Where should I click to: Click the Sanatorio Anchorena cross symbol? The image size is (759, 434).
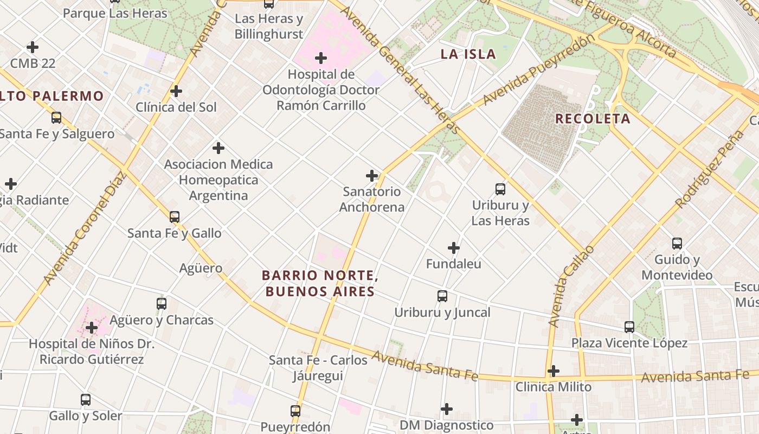click(372, 176)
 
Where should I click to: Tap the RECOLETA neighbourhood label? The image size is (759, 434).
click(593, 119)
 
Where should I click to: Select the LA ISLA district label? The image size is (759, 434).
click(468, 54)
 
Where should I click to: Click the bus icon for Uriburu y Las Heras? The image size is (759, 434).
click(500, 189)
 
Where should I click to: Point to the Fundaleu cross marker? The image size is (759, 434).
click(454, 248)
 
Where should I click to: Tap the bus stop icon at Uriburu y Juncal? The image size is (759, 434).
click(442, 296)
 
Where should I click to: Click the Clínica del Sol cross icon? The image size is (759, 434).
click(176, 91)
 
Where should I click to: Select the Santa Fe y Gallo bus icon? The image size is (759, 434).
click(174, 217)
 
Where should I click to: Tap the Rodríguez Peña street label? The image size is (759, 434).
click(711, 169)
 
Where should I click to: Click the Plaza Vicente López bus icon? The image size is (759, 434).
click(629, 327)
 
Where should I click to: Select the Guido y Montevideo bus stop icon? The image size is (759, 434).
click(677, 244)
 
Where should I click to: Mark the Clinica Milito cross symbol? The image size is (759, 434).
click(554, 371)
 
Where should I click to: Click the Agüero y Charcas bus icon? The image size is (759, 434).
click(162, 304)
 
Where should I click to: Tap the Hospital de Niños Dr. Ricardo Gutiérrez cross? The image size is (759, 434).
click(92, 328)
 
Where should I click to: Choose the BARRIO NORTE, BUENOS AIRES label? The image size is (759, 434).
click(320, 283)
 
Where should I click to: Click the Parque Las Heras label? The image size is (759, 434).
click(115, 13)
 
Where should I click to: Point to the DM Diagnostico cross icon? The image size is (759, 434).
click(447, 409)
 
